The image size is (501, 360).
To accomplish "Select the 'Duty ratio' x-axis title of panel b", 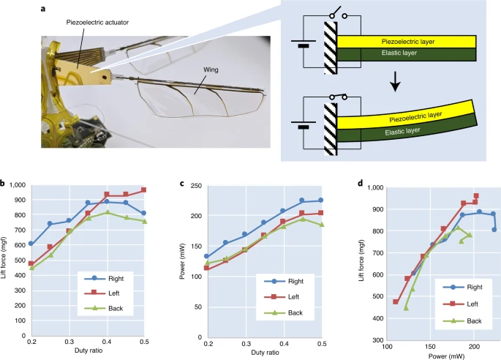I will click(88, 353).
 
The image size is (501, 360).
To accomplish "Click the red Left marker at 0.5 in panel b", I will click(144, 190).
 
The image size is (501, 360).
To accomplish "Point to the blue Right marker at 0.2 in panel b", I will click(31, 244).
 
